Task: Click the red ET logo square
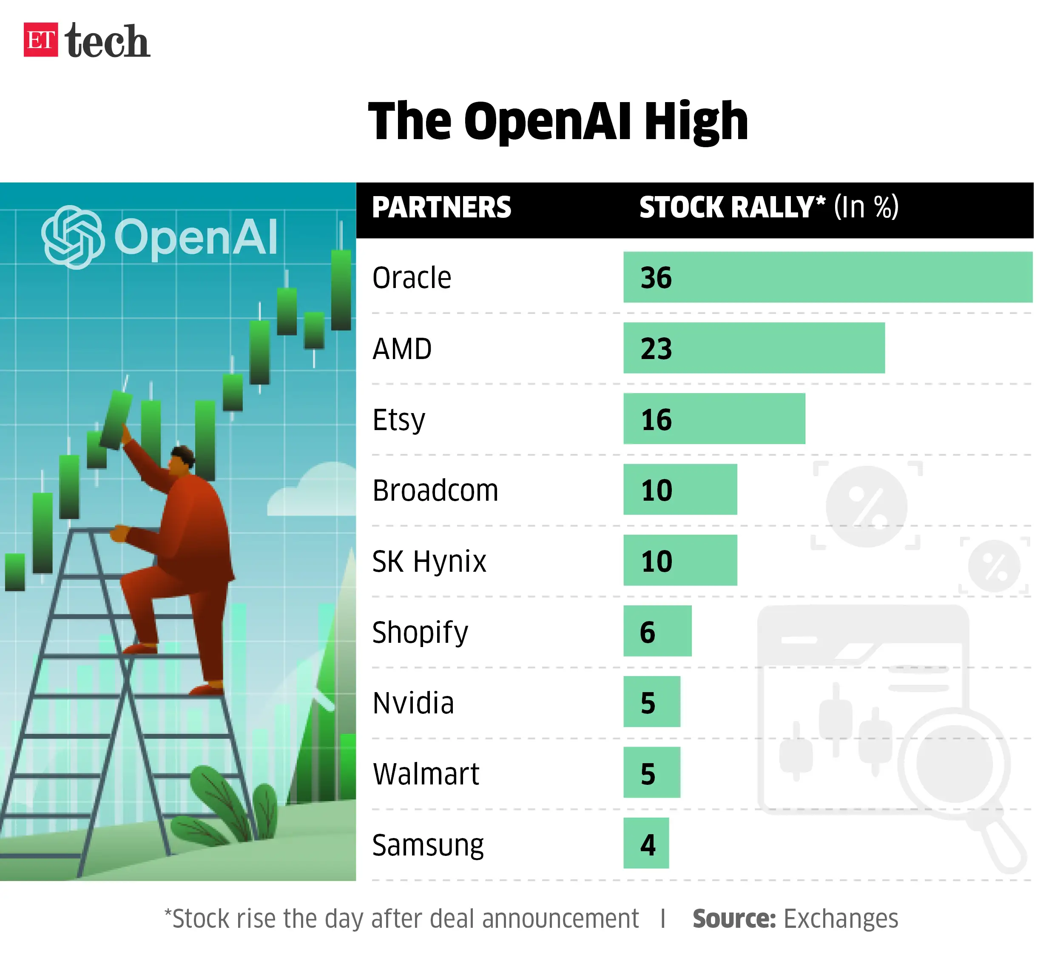pos(40,40)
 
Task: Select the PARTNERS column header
pos(441,208)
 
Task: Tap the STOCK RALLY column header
pos(731,208)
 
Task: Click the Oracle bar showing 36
pos(827,277)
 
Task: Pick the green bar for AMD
pos(753,348)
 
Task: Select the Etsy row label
pos(398,419)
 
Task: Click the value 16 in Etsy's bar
pos(656,419)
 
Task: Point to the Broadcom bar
pos(680,490)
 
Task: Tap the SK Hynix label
pos(429,561)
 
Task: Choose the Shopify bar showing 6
pos(657,631)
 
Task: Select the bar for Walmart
pos(651,773)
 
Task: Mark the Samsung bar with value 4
pos(646,844)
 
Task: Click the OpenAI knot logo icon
pos(72,237)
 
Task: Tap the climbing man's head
pos(182,459)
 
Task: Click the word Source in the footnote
pos(733,919)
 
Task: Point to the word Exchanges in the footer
pos(840,919)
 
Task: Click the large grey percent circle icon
pos(866,506)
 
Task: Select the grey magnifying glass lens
pos(954,763)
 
